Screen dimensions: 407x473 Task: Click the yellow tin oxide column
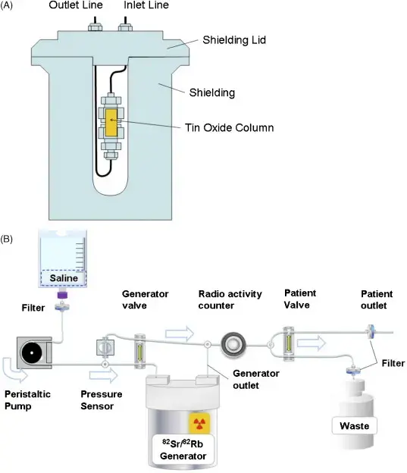tap(111, 123)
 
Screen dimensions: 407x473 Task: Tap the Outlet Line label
tap(76, 5)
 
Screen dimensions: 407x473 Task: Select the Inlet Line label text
tap(146, 5)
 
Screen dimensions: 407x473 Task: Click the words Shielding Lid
tap(234, 40)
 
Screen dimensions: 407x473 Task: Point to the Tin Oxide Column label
tap(230, 127)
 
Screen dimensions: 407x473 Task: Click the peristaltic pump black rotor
tap(31, 352)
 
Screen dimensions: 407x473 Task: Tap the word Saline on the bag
tap(64, 278)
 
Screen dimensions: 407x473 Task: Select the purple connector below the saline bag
tap(62, 295)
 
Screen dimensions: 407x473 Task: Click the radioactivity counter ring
tap(233, 344)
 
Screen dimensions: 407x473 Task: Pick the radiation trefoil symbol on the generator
tap(199, 423)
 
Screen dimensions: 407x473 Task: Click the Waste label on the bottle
tap(354, 426)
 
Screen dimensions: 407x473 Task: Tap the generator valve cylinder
tap(139, 351)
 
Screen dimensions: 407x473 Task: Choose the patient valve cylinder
tap(289, 343)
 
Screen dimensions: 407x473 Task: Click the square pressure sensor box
tap(105, 347)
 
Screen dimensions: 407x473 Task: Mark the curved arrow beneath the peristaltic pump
tap(14, 370)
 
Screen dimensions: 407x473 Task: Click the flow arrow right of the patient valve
tap(311, 343)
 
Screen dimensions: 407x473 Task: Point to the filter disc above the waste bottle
tap(352, 370)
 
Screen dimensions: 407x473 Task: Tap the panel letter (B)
tap(6, 240)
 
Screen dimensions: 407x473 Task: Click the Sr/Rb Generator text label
tap(183, 450)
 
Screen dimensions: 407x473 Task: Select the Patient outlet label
tap(377, 299)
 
